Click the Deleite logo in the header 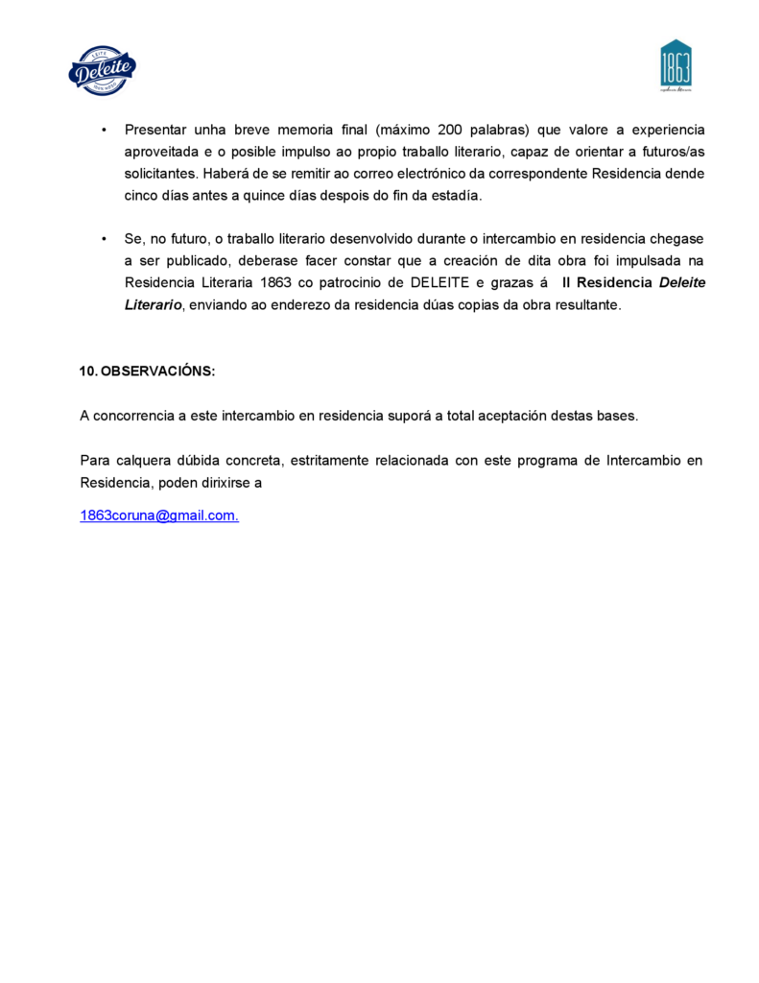[x=102, y=70]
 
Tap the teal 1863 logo [x=676, y=65]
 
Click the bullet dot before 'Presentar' [x=103, y=130]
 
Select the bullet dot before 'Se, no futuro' [x=103, y=238]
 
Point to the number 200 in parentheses [x=451, y=130]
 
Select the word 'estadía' [x=455, y=196]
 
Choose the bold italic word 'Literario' [x=153, y=304]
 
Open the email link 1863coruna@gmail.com [x=158, y=515]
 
